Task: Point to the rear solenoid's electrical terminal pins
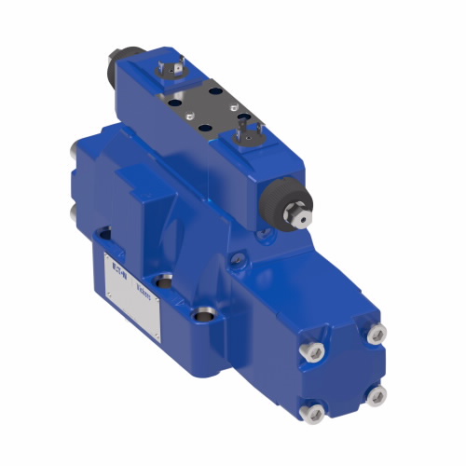(171, 69)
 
